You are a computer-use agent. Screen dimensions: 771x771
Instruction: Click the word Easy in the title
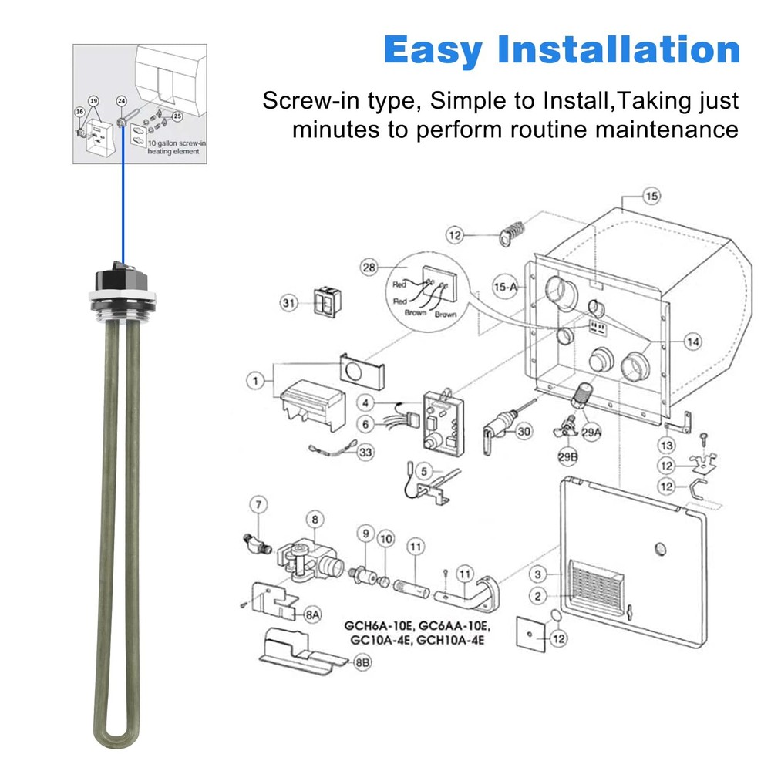coord(433,50)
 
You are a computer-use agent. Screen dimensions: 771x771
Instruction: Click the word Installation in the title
coord(618,50)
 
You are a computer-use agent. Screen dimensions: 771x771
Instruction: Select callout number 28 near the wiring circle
coord(371,268)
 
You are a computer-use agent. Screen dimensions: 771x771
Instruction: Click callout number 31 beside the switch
coord(289,304)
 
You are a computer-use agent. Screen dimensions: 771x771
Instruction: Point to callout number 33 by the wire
coord(365,453)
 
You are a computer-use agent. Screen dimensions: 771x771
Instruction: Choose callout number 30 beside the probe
coord(524,432)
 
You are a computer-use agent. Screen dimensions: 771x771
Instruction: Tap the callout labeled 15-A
coord(505,286)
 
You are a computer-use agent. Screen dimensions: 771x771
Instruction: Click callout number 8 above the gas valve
coord(314,517)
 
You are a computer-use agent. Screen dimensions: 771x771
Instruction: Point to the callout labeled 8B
coord(362,662)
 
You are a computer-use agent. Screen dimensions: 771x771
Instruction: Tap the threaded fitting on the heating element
coord(118,308)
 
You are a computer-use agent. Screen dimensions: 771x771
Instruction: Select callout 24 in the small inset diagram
coord(121,101)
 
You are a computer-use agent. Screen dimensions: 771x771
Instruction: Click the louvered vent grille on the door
coord(597,587)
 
